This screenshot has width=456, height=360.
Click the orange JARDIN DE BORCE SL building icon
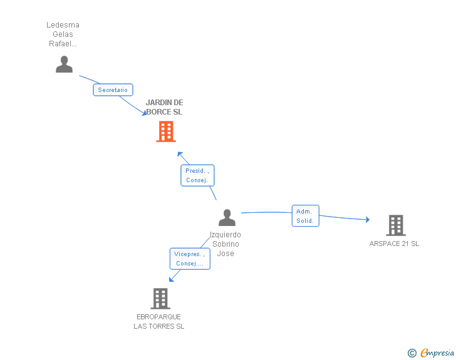[x=166, y=131]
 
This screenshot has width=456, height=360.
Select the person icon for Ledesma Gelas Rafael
[x=64, y=64]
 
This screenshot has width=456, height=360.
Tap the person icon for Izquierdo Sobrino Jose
[x=227, y=217]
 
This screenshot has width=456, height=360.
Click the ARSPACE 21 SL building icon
[x=395, y=225]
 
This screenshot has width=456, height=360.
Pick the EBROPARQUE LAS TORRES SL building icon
[x=160, y=299]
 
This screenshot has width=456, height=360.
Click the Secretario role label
[x=113, y=90]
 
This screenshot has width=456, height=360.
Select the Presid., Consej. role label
[x=197, y=175]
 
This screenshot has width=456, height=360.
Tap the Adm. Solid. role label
[x=305, y=216]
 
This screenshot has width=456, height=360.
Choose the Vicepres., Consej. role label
[x=190, y=259]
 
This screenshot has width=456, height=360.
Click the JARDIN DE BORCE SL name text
[x=164, y=107]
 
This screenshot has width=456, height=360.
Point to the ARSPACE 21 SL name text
[x=394, y=244]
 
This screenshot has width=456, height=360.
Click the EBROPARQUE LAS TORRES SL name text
[x=159, y=321]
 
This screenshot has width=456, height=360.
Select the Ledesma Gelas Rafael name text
[x=63, y=34]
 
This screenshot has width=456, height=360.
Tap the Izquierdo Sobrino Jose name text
[x=225, y=244]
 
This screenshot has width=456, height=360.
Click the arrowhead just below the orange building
[x=180, y=153]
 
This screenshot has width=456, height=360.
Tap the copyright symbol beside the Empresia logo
[x=412, y=353]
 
